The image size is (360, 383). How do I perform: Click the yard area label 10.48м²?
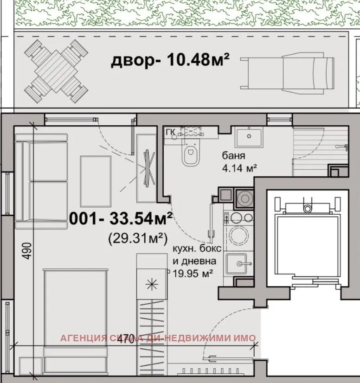(170, 61)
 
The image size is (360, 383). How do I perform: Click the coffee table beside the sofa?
(96, 181)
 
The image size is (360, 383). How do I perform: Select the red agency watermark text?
(158, 338)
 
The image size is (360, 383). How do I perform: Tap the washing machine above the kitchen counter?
(244, 198)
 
